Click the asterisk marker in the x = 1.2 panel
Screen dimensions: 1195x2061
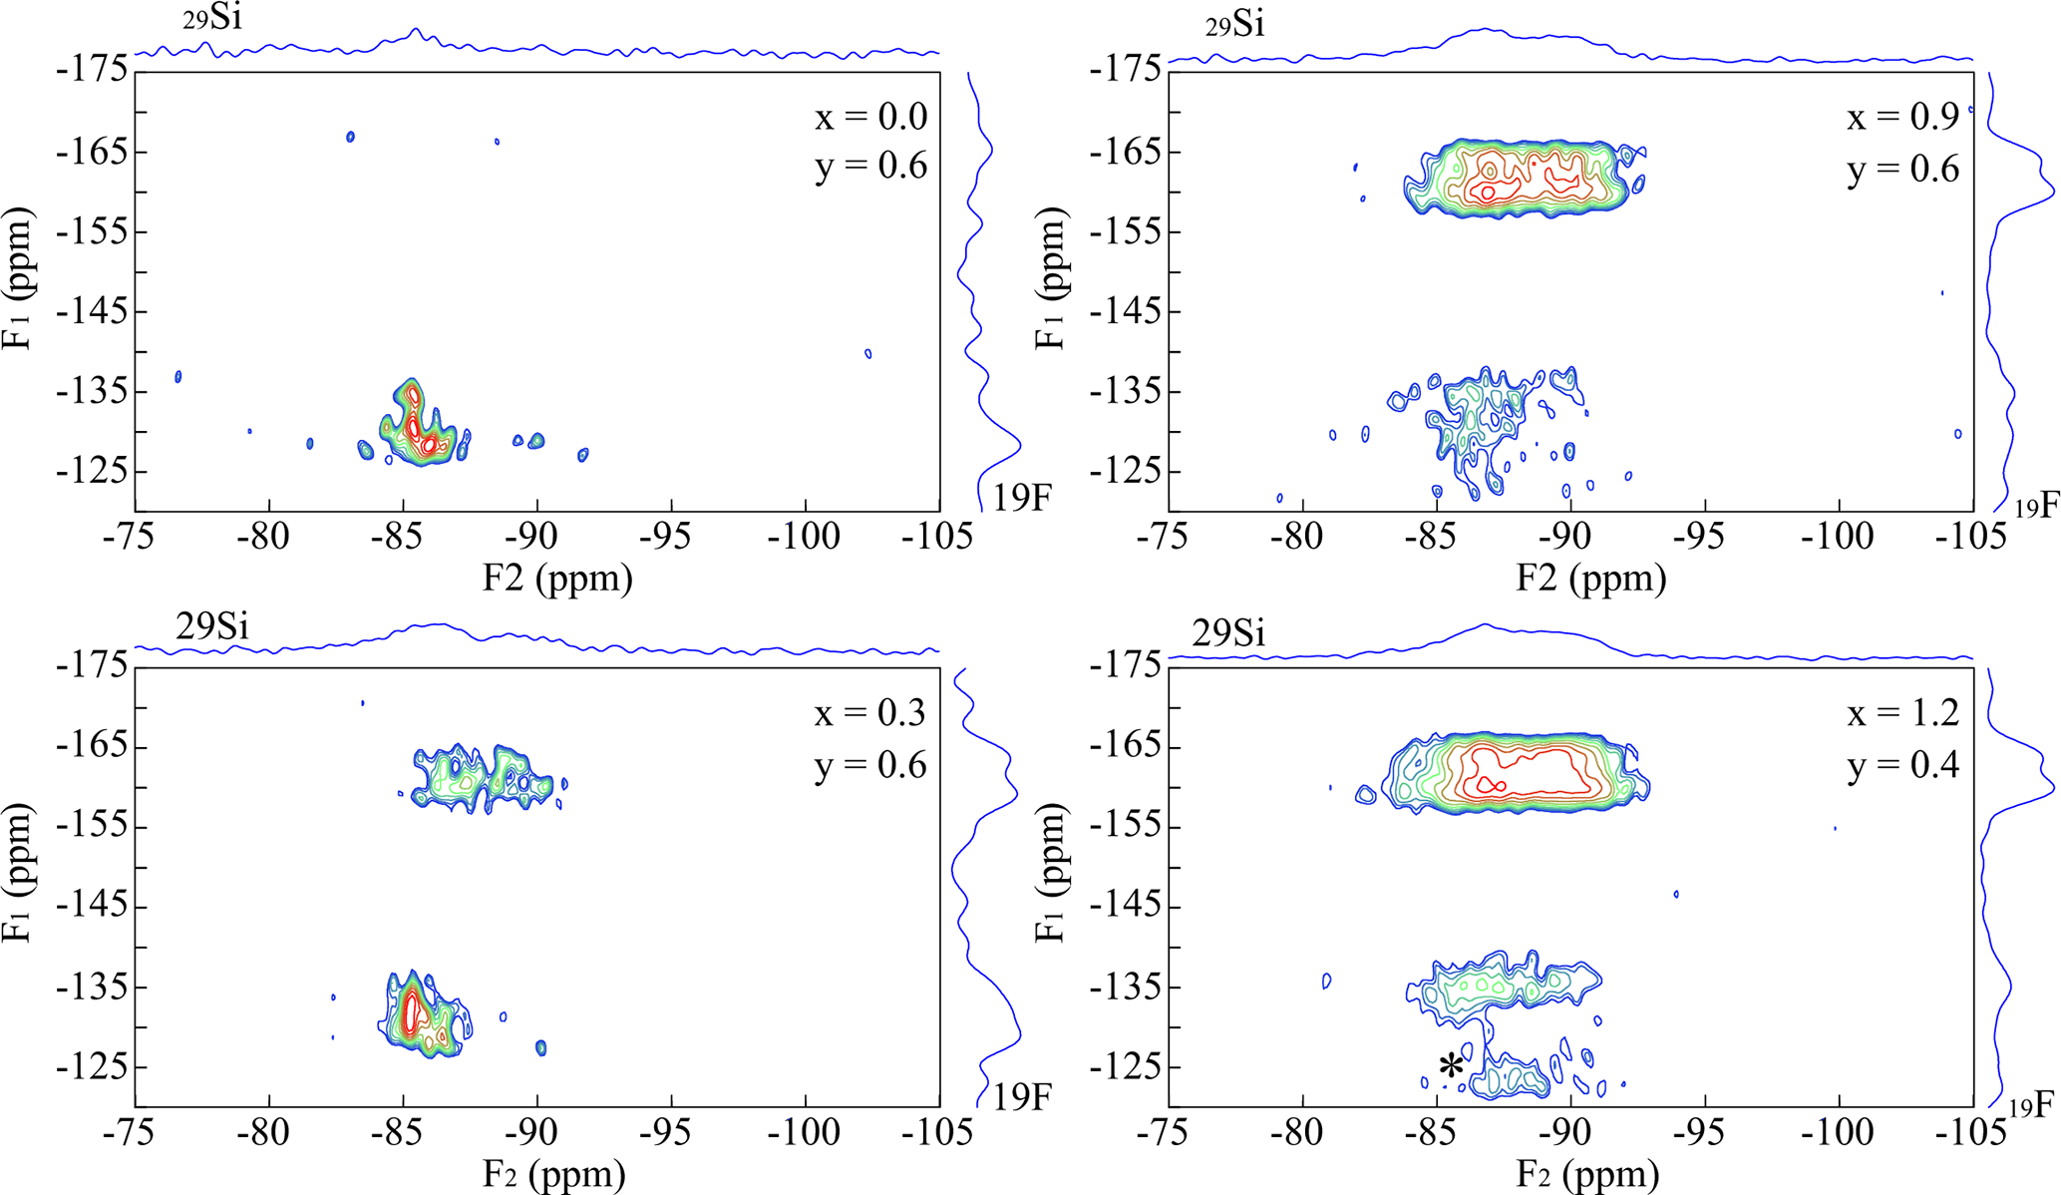click(1451, 1066)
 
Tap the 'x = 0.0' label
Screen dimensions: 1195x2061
click(870, 118)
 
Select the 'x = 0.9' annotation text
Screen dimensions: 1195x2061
click(1902, 118)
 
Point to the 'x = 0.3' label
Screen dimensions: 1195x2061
click(870, 713)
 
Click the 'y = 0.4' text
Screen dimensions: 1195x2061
click(1902, 765)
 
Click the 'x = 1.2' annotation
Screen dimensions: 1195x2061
click(1902, 713)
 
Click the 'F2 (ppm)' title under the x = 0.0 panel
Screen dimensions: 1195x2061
click(557, 579)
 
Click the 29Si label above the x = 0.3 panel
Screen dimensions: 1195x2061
click(212, 626)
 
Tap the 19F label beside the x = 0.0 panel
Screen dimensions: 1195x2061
click(1021, 497)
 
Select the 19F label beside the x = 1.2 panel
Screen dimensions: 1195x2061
click(2032, 1105)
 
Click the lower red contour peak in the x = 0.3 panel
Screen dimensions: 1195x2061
click(411, 1014)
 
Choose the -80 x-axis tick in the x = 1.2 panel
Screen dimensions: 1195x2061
click(1300, 1132)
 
